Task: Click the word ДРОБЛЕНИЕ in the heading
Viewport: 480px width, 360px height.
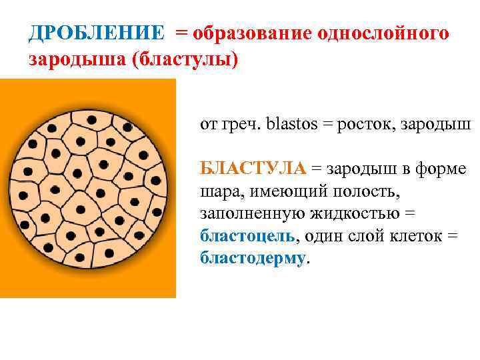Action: (97, 33)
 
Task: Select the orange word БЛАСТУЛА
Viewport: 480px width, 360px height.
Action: (253, 169)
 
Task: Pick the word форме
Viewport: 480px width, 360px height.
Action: (443, 169)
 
